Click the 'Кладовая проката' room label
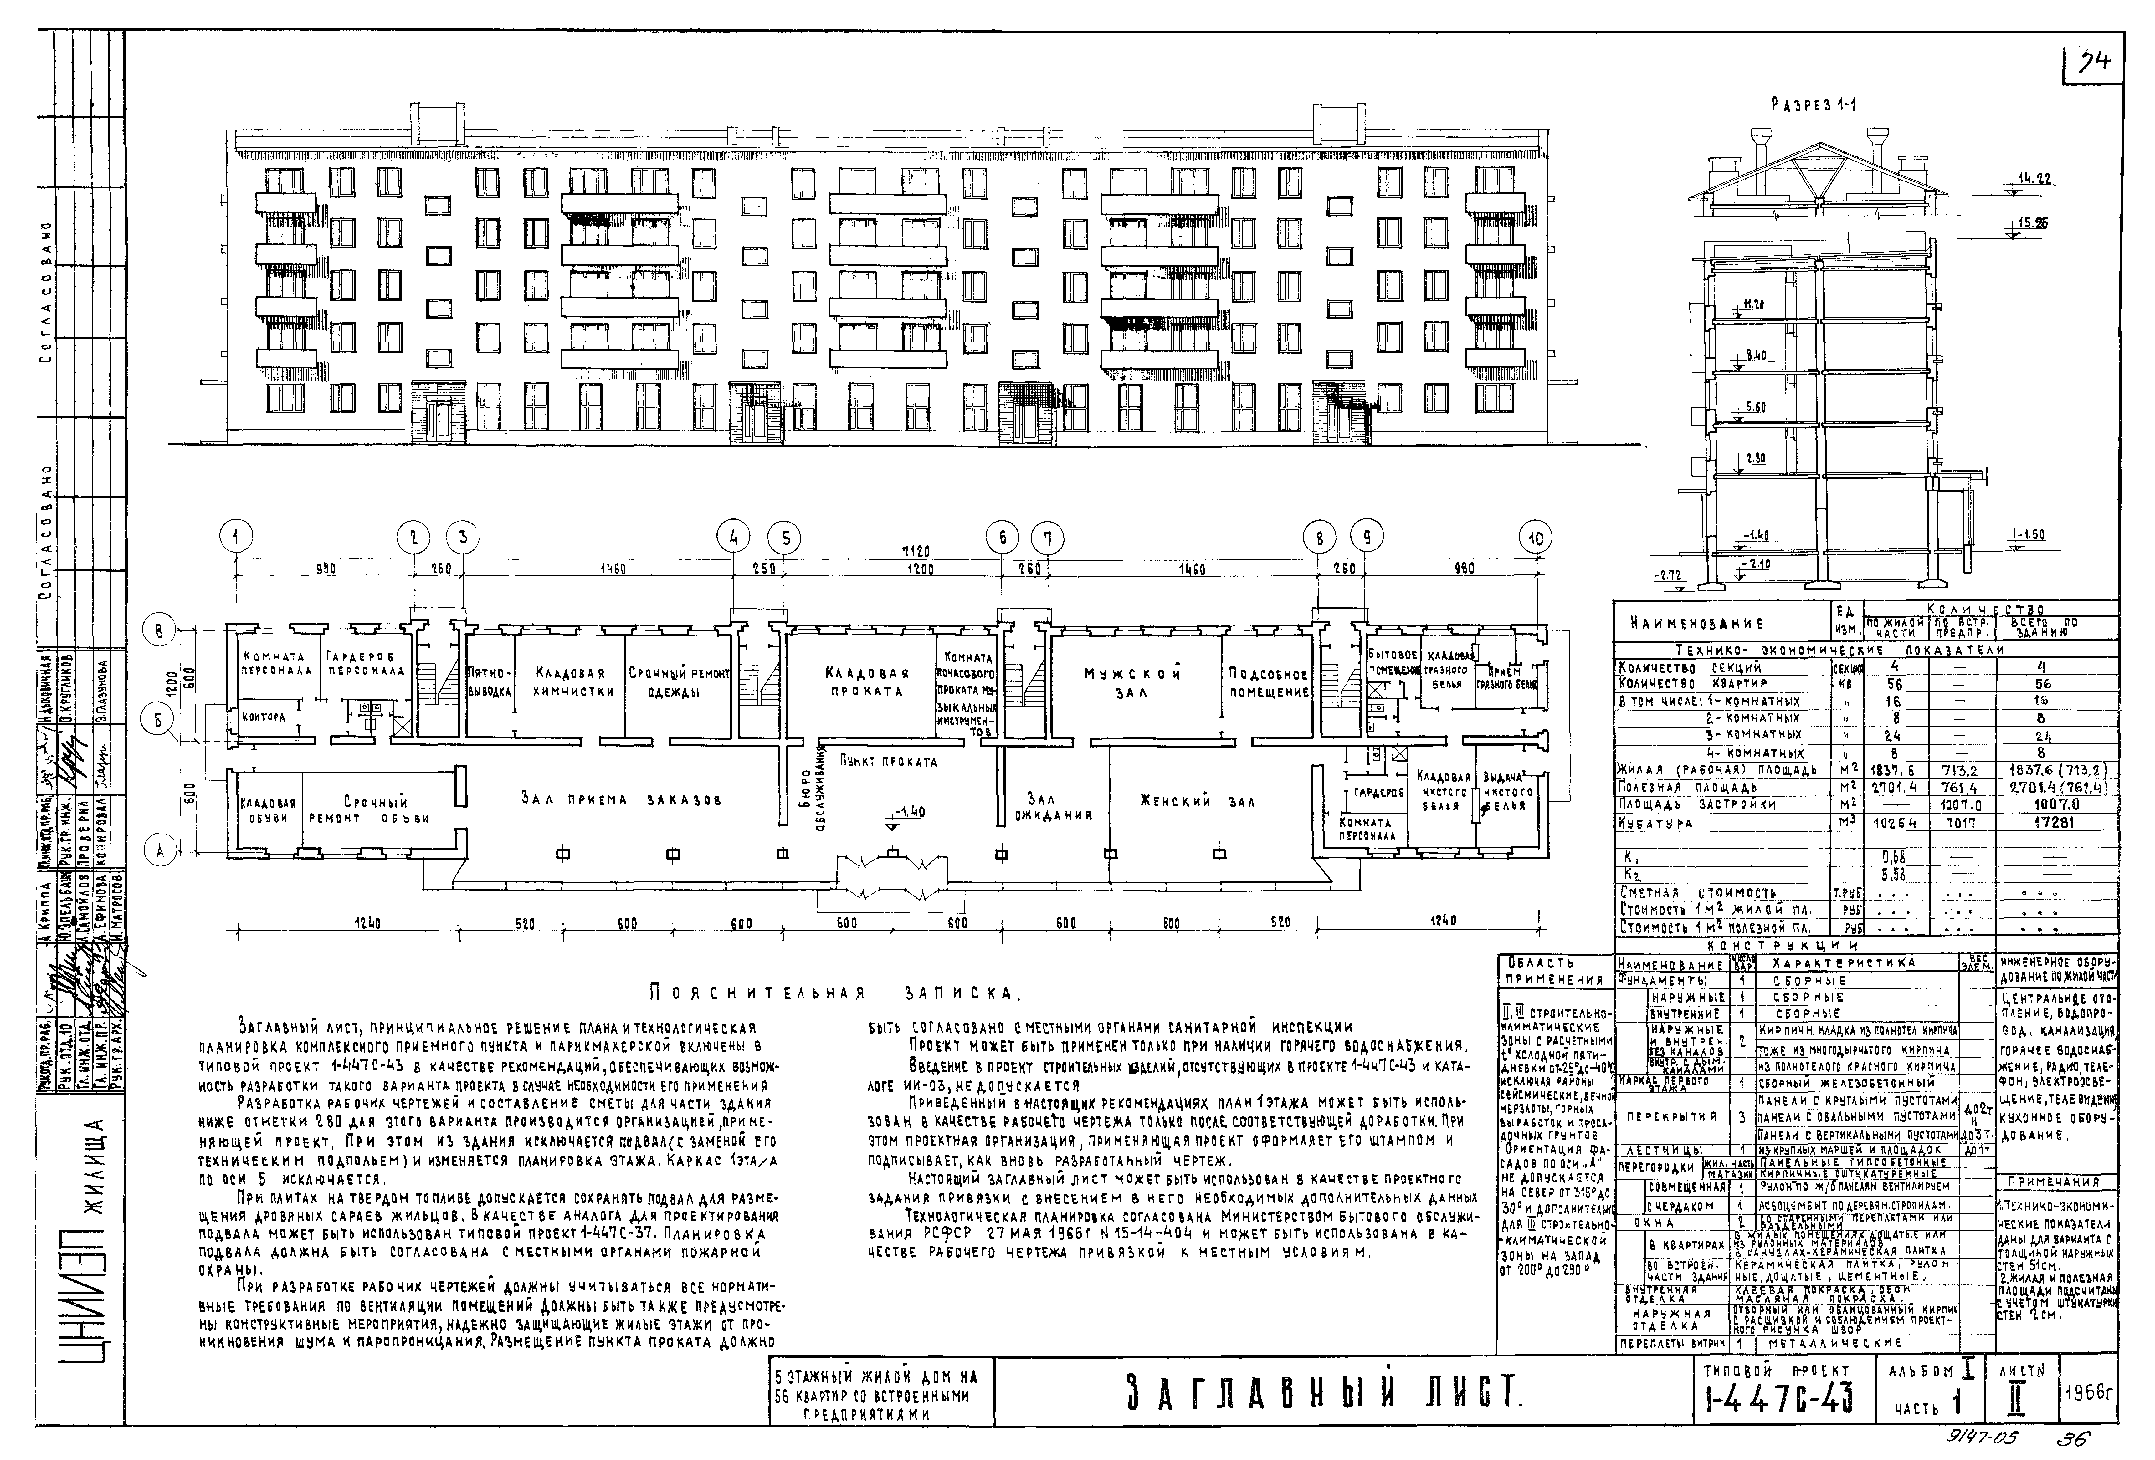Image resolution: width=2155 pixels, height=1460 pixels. [x=866, y=682]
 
